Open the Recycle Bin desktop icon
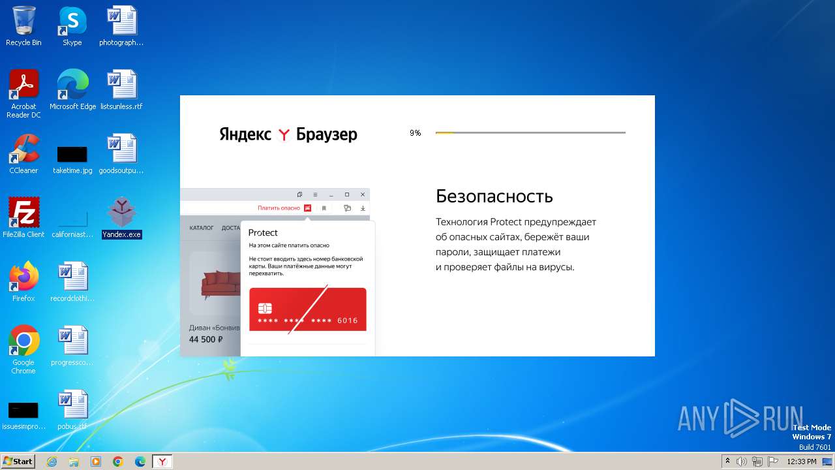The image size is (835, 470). click(x=23, y=21)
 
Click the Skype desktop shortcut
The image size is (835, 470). click(x=72, y=21)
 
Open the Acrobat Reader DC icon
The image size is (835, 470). click(x=23, y=85)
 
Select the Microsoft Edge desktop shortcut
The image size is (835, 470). click(x=72, y=85)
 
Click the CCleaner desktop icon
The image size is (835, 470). click(x=23, y=149)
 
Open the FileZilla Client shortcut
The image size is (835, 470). click(x=23, y=213)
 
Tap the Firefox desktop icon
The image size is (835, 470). click(x=23, y=277)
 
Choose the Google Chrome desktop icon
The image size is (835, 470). click(x=23, y=341)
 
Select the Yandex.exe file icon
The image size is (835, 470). click(x=121, y=213)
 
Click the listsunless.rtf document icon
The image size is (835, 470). click(x=121, y=85)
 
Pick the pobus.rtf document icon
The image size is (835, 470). click(x=72, y=405)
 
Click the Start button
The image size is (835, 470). click(x=18, y=462)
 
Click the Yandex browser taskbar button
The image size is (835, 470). click(x=162, y=462)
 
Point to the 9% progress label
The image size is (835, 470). click(x=416, y=133)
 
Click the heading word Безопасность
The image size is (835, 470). click(x=494, y=196)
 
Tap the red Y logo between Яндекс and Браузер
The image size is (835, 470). click(x=284, y=134)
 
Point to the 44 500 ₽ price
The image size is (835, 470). click(x=206, y=339)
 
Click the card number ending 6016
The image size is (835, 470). click(x=308, y=321)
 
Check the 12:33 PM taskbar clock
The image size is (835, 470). click(x=802, y=462)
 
